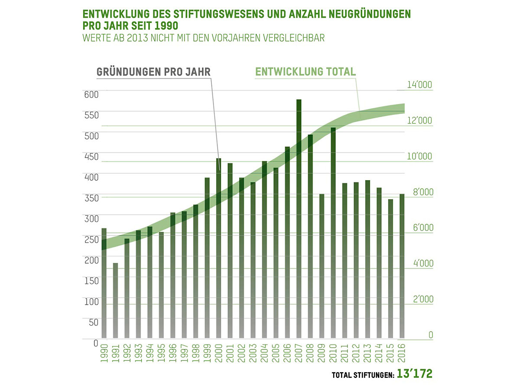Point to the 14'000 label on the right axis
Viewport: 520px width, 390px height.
click(x=419, y=85)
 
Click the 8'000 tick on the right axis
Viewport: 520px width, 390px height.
click(x=419, y=192)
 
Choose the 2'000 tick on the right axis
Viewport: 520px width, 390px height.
click(x=419, y=299)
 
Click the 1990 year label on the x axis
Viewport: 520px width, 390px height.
click(x=104, y=354)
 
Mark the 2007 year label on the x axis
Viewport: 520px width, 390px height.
click(x=299, y=354)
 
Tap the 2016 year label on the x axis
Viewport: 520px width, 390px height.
click(x=402, y=354)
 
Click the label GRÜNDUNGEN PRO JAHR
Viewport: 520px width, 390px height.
click(x=153, y=72)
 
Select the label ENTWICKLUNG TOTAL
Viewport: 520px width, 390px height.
click(x=305, y=71)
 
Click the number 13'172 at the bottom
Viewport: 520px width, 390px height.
click(x=415, y=374)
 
